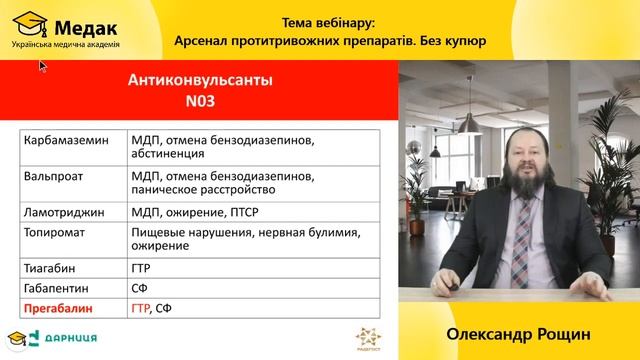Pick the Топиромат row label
click(54, 232)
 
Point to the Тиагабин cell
click(49, 268)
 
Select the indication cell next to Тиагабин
click(141, 268)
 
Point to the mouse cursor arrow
click(43, 66)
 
